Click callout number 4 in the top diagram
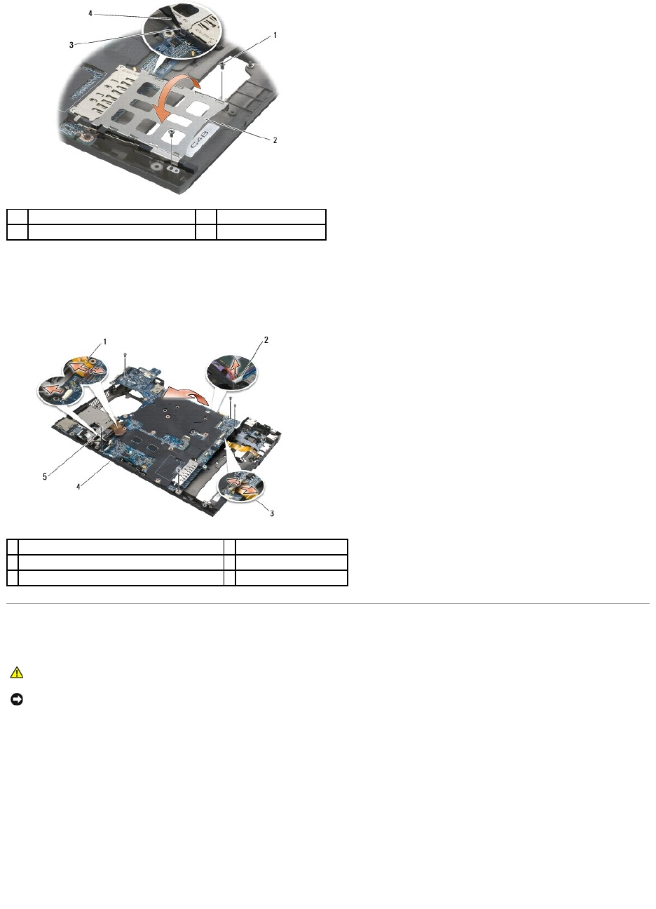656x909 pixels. tap(90, 13)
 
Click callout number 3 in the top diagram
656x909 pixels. tap(71, 45)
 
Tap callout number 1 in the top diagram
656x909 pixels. tap(275, 35)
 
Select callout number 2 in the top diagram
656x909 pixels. tap(275, 140)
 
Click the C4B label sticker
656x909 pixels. tap(201, 138)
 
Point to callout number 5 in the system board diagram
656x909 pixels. tap(45, 477)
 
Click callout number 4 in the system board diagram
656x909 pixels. tap(78, 486)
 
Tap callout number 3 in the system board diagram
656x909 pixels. tap(272, 513)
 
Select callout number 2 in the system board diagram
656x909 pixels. tap(266, 339)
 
